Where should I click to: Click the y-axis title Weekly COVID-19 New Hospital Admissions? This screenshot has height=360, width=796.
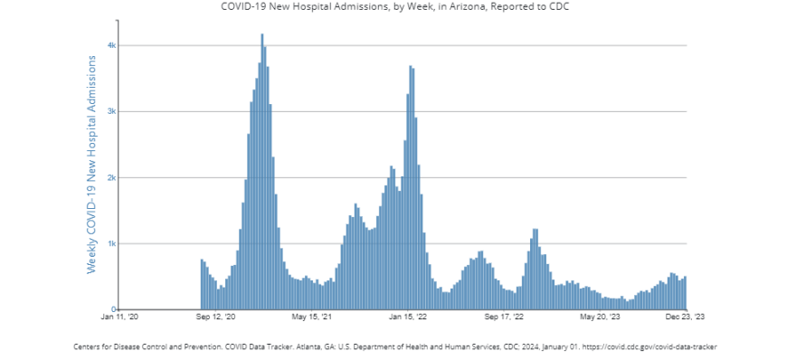pos(91,164)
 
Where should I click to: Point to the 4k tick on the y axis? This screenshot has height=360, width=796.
pos(110,45)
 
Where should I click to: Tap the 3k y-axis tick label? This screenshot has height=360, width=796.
pos(110,111)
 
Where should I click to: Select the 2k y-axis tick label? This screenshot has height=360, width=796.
pos(110,177)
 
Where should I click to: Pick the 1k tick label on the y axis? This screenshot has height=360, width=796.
pos(110,243)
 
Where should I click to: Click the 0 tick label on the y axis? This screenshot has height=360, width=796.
pos(113,309)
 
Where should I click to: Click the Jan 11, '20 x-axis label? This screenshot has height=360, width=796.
pos(119,317)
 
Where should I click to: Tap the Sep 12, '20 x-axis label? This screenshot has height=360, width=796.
pos(216,317)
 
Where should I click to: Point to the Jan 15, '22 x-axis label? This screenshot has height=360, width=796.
pos(409,317)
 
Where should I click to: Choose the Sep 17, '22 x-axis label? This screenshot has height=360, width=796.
pos(505,317)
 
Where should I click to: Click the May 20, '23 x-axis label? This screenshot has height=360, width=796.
pos(601,317)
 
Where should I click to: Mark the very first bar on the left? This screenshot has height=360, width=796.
pos(202,284)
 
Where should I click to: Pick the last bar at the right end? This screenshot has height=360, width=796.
pos(686,293)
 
